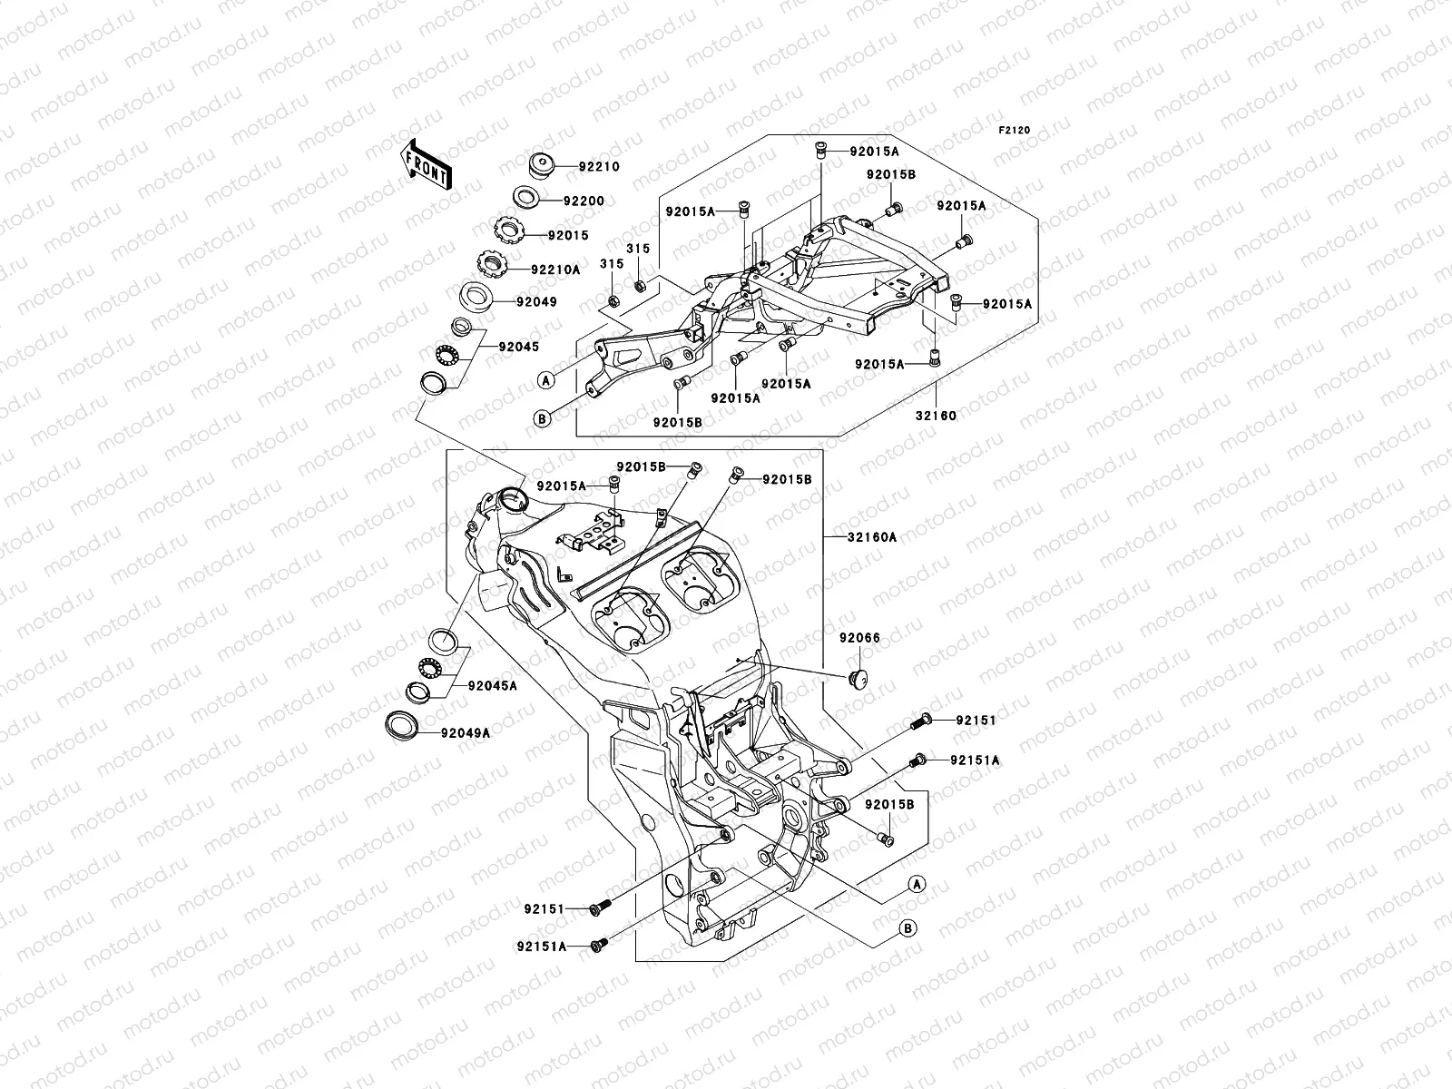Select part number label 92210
pos(599,167)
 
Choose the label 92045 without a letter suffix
pos(517,346)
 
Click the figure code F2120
pos(1015,131)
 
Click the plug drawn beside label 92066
pos(856,676)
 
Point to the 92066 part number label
pos(859,638)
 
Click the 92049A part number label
pos(466,733)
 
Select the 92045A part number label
pos(493,686)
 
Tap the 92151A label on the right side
pos(976,760)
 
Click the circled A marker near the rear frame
pos(544,378)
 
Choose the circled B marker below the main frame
pos(907,927)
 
